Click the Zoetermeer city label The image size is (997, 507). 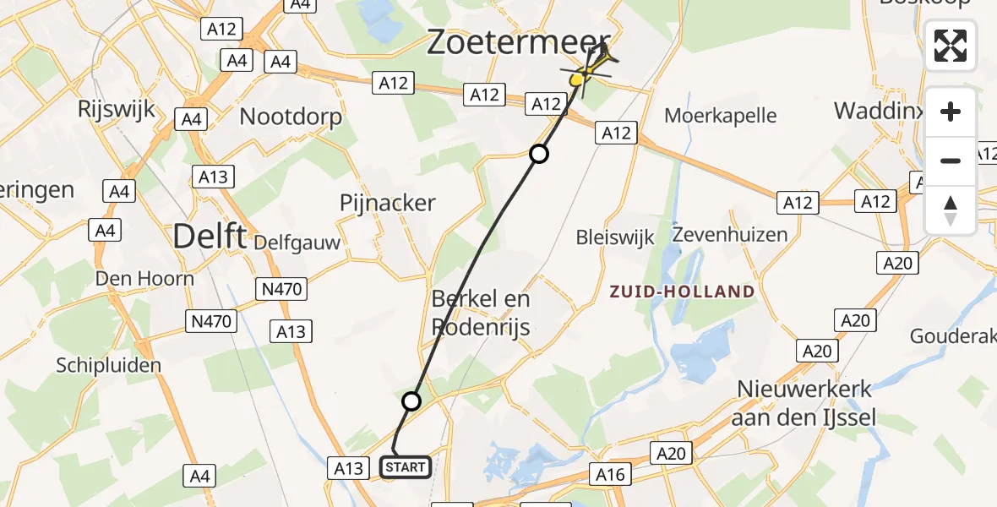[x=518, y=41]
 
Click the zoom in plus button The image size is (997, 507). [x=951, y=112]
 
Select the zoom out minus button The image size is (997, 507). [x=951, y=161]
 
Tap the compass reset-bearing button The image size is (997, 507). [x=951, y=210]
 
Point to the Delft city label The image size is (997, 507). [x=210, y=236]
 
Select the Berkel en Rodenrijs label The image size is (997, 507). [x=481, y=312]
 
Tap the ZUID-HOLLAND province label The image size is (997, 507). [x=683, y=292]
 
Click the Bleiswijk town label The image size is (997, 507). [x=615, y=237]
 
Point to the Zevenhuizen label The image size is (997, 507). [x=730, y=234]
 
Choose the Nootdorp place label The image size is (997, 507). [x=291, y=116]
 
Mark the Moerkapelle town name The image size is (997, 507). [x=720, y=115]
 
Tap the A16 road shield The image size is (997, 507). [x=610, y=475]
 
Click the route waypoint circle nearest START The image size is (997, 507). [x=411, y=401]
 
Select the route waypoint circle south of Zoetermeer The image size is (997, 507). [x=539, y=154]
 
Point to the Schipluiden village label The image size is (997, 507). [x=108, y=364]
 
